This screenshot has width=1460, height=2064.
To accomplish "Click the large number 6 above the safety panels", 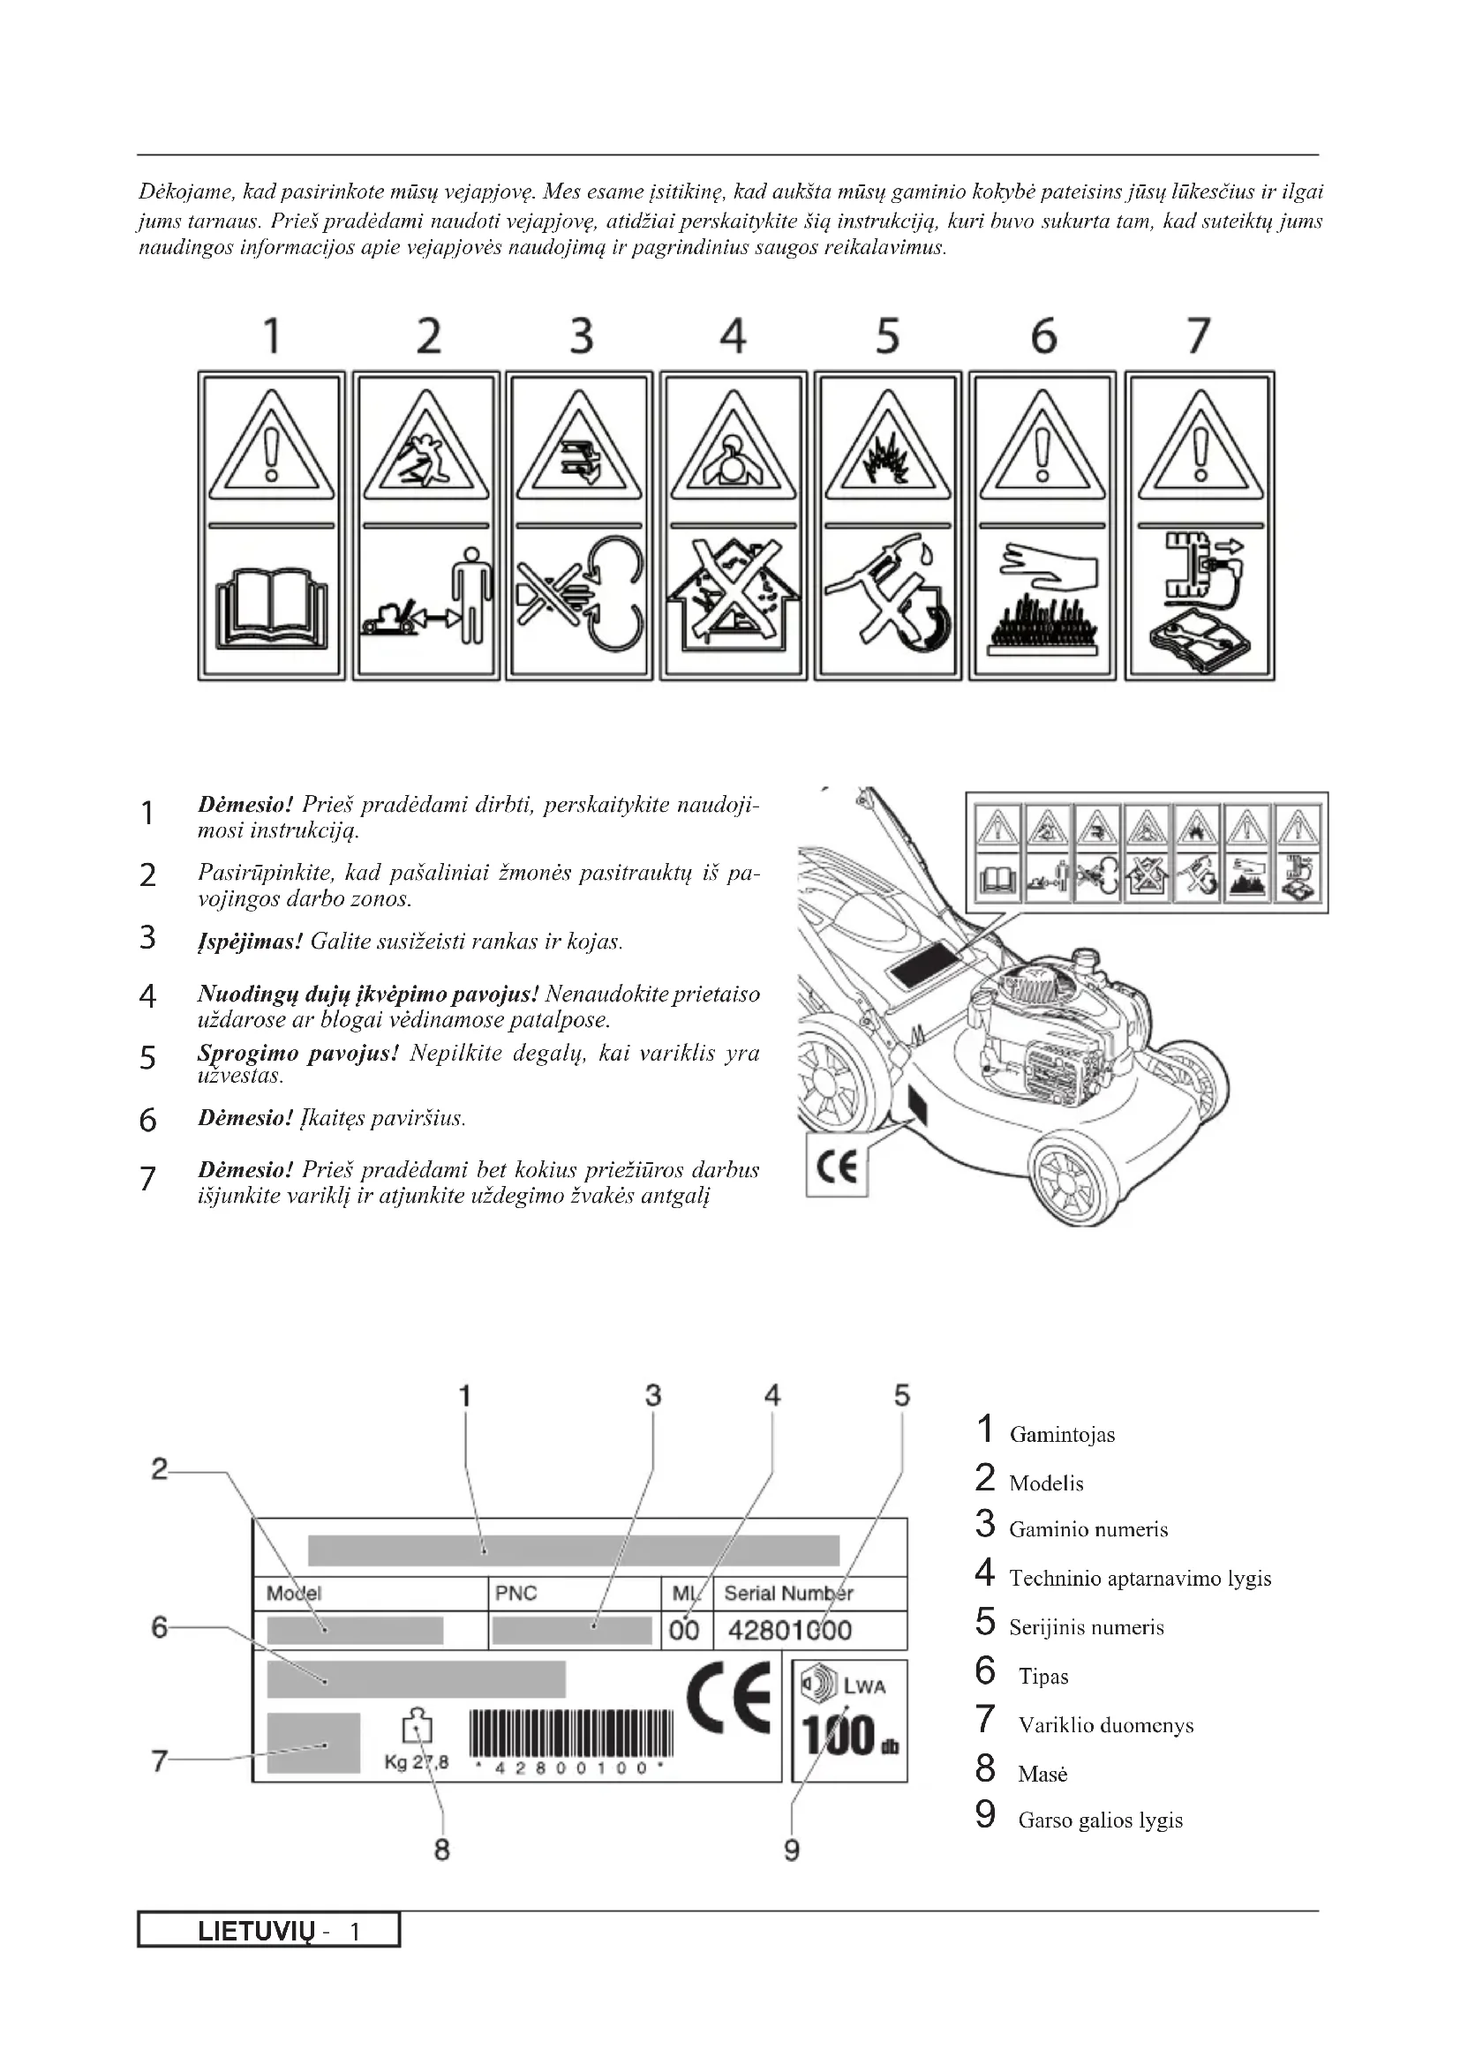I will coord(1042,336).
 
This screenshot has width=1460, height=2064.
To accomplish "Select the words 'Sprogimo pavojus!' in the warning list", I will coord(297,1054).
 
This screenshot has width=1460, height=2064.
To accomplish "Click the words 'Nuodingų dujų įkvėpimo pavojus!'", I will coord(368,994).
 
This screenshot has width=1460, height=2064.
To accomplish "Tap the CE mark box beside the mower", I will coord(837,1166).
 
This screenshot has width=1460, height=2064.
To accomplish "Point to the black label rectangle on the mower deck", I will coord(924,965).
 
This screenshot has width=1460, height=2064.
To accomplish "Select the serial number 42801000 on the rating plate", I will coord(789,1631).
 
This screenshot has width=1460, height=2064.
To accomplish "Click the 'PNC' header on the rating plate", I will coord(516,1594).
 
